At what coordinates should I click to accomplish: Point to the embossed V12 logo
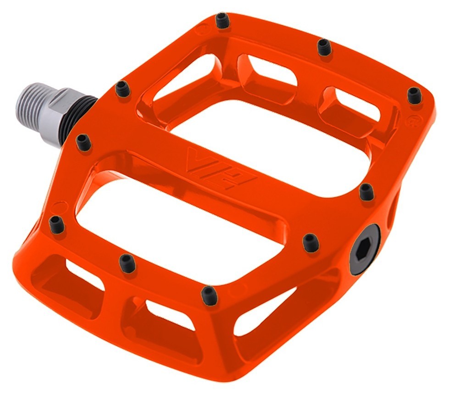[221, 168]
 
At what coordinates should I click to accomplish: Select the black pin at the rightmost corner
[414, 95]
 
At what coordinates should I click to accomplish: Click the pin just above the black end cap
[366, 192]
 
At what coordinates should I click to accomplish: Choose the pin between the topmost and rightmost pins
[324, 47]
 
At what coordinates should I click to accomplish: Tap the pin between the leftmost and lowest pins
[127, 263]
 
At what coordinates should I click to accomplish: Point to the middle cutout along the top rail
[266, 71]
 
